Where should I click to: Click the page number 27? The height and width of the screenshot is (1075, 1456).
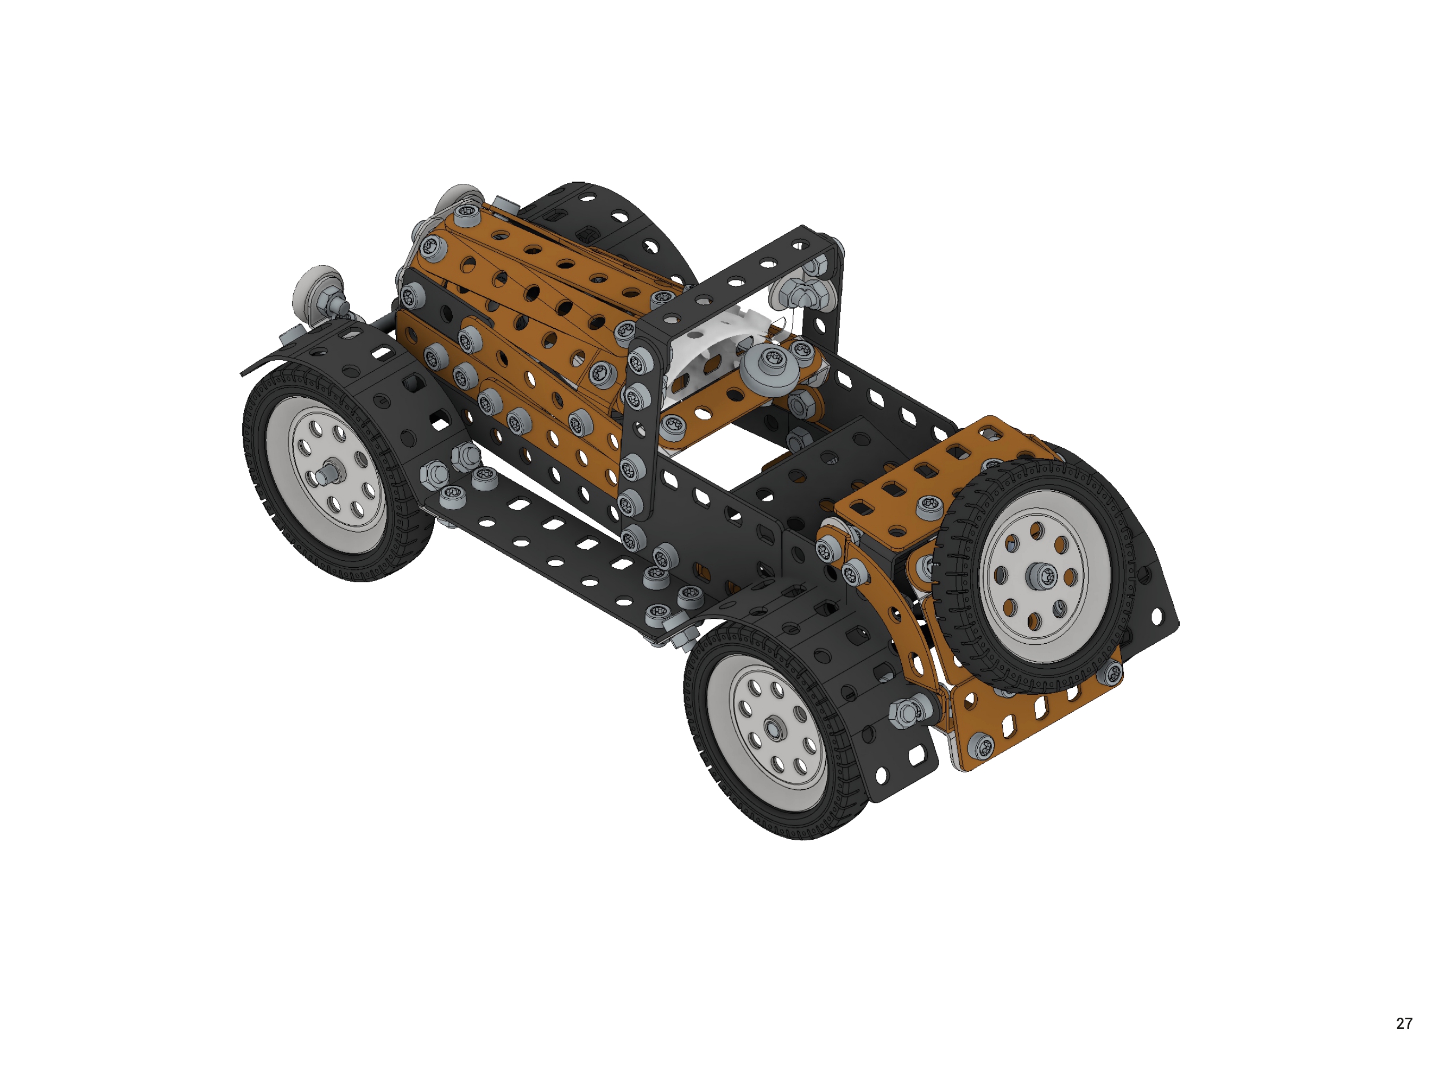(1404, 1023)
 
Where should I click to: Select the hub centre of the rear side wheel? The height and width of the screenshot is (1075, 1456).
(774, 728)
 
